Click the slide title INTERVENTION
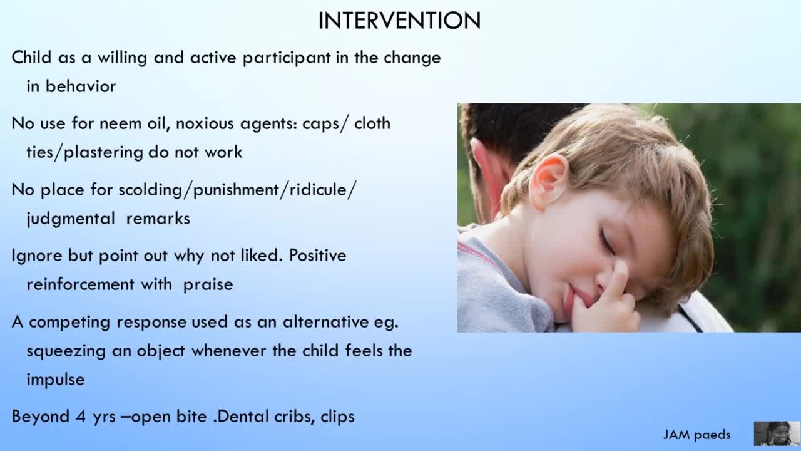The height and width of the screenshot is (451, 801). coord(399,21)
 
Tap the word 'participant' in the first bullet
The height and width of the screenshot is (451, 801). coord(287,58)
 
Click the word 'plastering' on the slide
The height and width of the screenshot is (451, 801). coord(103,153)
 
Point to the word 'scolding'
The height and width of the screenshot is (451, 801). coord(151,190)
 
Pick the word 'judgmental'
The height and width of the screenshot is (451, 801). coord(71,219)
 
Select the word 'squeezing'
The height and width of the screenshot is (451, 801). coord(66,351)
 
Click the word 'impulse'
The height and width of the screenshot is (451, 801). coord(56,380)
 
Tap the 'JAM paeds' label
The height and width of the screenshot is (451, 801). coord(697,435)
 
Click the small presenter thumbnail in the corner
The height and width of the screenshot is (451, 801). coord(777,433)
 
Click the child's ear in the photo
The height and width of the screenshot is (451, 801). coord(549,181)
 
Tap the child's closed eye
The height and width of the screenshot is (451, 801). coord(607,242)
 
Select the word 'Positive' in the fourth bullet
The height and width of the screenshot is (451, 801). coord(317,256)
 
